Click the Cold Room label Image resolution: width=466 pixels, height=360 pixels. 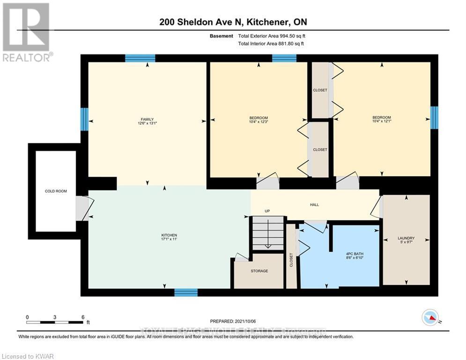point(56,191)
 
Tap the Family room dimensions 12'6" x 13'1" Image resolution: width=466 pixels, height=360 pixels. point(147,123)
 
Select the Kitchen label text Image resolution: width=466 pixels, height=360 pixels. point(169,235)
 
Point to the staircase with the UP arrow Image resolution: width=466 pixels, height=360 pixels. point(268,233)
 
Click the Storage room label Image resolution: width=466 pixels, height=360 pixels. point(259,271)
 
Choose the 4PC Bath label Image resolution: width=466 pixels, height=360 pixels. point(355,254)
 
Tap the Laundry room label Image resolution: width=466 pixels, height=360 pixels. point(406,238)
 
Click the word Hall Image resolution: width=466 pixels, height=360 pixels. point(314,205)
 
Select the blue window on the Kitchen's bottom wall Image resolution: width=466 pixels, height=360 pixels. point(186,292)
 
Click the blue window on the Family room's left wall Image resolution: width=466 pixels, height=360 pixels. point(84,119)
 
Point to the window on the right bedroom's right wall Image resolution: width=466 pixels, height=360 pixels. point(434,118)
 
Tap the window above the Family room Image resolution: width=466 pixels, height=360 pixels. point(140,58)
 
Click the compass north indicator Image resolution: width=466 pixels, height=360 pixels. point(430,318)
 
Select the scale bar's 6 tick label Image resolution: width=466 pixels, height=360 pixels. point(83,317)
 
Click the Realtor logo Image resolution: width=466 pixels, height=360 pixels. point(27,32)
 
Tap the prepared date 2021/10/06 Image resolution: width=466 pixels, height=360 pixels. point(245,321)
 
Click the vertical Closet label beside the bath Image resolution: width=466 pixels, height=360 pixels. point(291,260)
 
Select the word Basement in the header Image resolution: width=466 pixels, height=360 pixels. point(222,36)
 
